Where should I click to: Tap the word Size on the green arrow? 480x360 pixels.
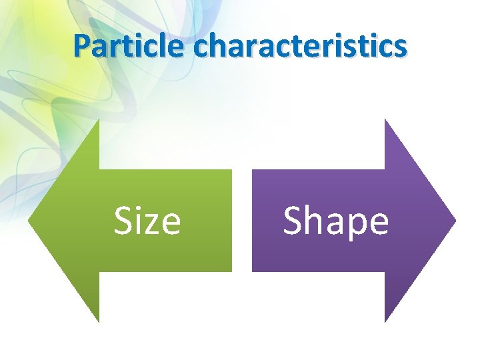pos(147,221)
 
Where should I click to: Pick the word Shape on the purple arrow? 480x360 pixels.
pos(335,221)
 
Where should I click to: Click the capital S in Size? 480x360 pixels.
pos(123,221)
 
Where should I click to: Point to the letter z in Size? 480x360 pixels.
pos(153,225)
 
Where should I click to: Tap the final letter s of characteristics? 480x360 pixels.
pos(399,48)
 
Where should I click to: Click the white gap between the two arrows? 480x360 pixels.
pos(242,220)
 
